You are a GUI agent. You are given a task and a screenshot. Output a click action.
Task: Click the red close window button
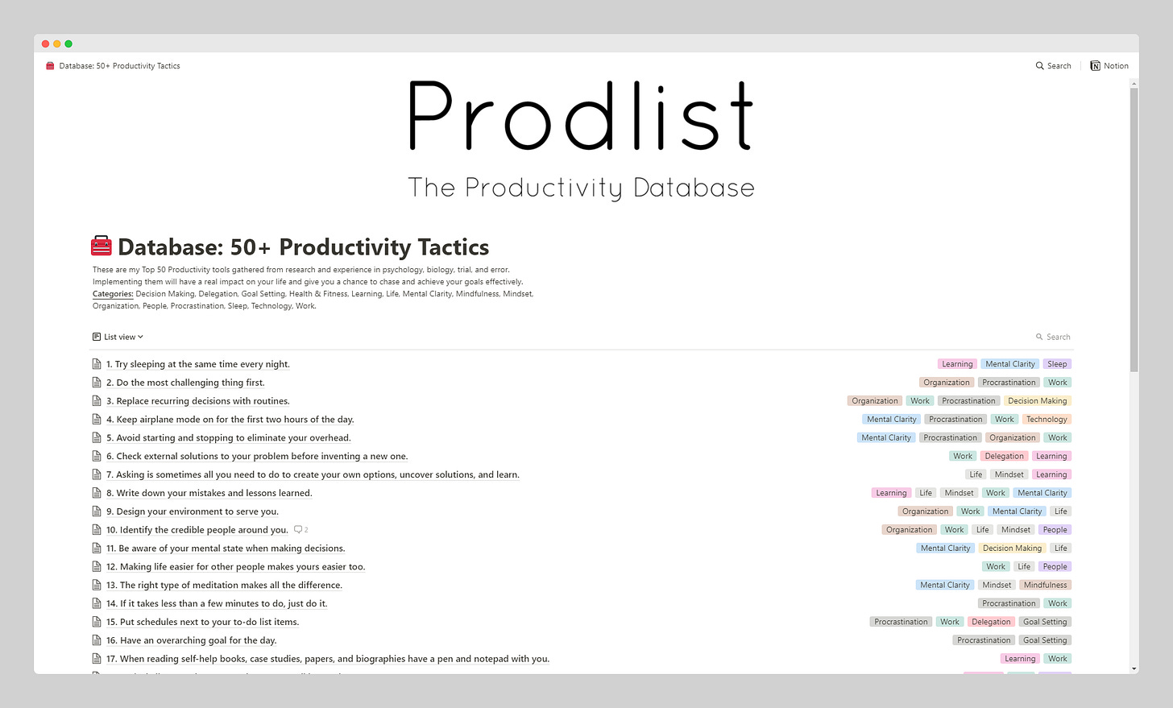point(46,44)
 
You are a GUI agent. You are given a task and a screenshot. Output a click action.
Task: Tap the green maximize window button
point(68,44)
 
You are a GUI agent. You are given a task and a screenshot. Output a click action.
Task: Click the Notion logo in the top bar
point(1095,65)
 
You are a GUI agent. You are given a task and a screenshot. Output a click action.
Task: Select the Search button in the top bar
point(1053,65)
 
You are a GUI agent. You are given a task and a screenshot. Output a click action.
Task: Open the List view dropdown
point(118,337)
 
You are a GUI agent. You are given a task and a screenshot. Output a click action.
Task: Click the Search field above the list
point(1053,337)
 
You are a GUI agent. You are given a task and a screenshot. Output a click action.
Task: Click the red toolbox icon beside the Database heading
point(101,246)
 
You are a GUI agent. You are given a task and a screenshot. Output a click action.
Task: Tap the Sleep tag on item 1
point(1057,364)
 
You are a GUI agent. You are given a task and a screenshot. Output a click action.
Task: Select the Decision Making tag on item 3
point(1038,400)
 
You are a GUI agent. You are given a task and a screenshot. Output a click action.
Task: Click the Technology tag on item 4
point(1047,419)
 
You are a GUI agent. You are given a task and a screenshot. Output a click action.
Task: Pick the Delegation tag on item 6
point(1004,456)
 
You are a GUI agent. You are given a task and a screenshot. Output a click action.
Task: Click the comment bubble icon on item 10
point(298,529)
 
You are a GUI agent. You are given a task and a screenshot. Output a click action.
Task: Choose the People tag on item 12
point(1055,566)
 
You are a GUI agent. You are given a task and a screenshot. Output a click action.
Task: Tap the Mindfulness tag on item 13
point(1045,585)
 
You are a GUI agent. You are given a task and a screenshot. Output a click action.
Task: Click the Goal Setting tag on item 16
point(1045,640)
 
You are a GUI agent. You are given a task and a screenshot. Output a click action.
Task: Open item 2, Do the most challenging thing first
point(185,383)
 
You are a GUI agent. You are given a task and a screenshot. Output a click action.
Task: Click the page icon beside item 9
point(97,511)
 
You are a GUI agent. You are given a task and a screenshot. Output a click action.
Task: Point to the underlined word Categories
point(113,294)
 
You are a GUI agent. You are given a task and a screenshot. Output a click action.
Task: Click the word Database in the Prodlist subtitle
point(694,188)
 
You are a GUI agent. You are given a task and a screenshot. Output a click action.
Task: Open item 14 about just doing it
point(217,603)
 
